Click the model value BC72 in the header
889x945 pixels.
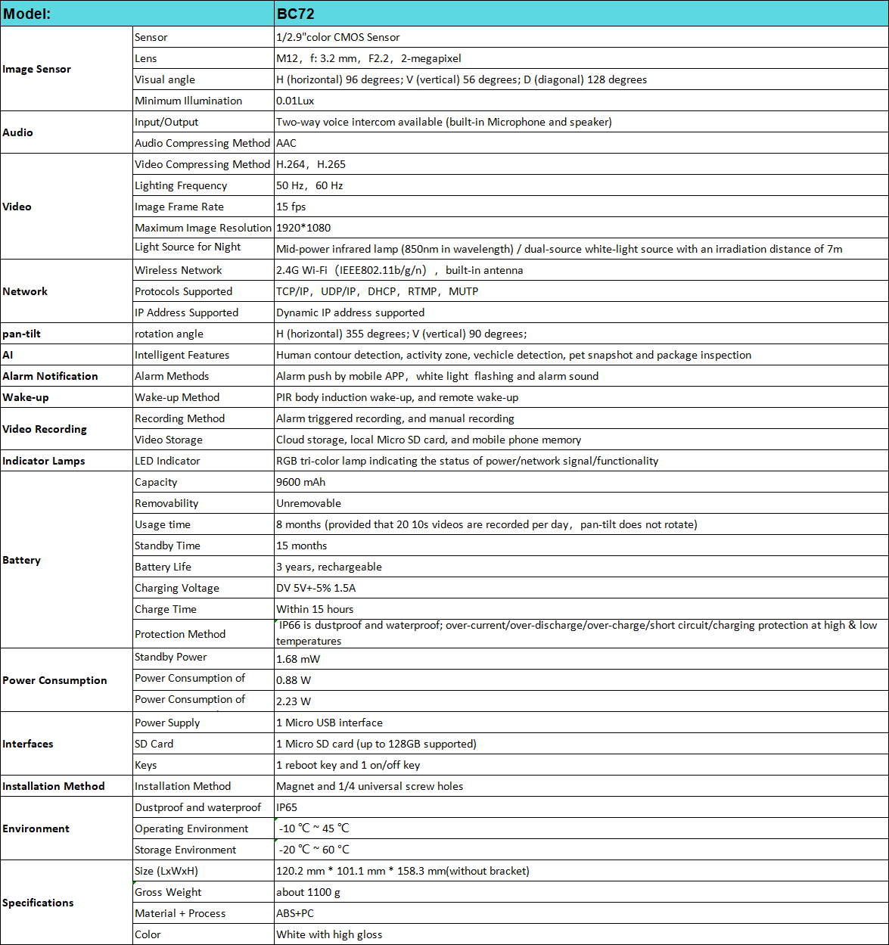pyautogui.click(x=295, y=14)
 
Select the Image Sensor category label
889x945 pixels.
pyautogui.click(x=36, y=69)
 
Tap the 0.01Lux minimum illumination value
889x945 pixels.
pyautogui.click(x=295, y=101)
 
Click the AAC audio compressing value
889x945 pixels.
pyautogui.click(x=286, y=143)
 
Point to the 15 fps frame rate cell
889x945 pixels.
pyautogui.click(x=291, y=207)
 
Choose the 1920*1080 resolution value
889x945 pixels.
pyautogui.click(x=303, y=228)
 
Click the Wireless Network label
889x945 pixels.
pyautogui.click(x=179, y=270)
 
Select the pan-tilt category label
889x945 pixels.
pyautogui.click(x=21, y=334)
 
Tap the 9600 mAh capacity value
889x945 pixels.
pyautogui.click(x=300, y=482)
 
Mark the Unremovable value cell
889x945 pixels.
pyautogui.click(x=309, y=503)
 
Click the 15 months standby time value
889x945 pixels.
pyautogui.click(x=302, y=546)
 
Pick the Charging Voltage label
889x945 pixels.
pyautogui.click(x=177, y=588)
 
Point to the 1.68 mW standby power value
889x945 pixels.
pyautogui.click(x=298, y=659)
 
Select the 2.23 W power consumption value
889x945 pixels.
pyautogui.click(x=294, y=701)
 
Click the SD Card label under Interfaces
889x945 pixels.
pyautogui.click(x=154, y=744)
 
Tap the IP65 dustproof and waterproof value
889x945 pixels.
pyautogui.click(x=288, y=807)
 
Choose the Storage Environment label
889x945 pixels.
pyautogui.click(x=185, y=850)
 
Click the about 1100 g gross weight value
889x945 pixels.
pyautogui.click(x=308, y=892)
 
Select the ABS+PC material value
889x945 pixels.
pyautogui.click(x=295, y=913)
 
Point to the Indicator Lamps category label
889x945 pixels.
pyautogui.click(x=43, y=461)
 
